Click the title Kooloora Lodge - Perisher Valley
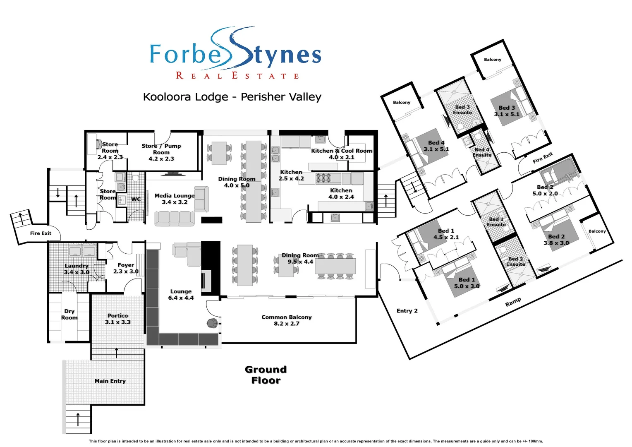[x=232, y=97]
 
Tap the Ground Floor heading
[x=266, y=375]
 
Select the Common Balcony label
[x=286, y=320]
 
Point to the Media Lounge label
[x=174, y=199]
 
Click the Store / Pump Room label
[x=161, y=152]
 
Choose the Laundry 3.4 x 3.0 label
[x=77, y=269]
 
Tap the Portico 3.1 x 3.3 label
[x=117, y=319]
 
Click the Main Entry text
[x=110, y=381]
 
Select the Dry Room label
[x=69, y=314]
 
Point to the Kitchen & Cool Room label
[x=341, y=154]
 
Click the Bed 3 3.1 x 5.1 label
[x=506, y=111]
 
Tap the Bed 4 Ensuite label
[x=482, y=152]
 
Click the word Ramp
[x=513, y=302]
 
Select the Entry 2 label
[x=407, y=311]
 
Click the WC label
[x=136, y=199]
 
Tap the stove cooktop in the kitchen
[x=323, y=178]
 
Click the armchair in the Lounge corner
[x=212, y=323]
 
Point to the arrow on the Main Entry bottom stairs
[x=78, y=419]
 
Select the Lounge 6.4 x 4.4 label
[x=181, y=295]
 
